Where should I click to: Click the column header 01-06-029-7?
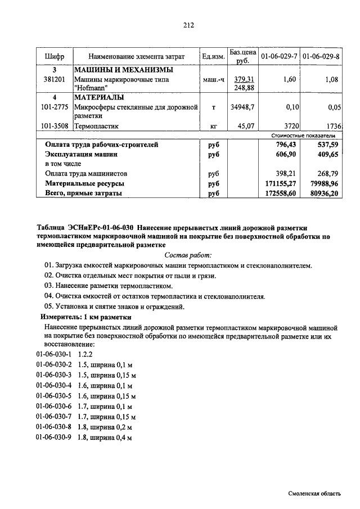click(278, 57)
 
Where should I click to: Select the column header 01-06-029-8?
click(321, 57)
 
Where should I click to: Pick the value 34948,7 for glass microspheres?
click(242, 106)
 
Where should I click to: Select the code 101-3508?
click(55, 127)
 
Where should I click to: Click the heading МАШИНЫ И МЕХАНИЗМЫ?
click(123, 70)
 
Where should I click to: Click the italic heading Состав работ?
click(188, 255)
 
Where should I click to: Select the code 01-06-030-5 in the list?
click(54, 396)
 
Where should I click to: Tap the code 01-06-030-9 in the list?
click(54, 437)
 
